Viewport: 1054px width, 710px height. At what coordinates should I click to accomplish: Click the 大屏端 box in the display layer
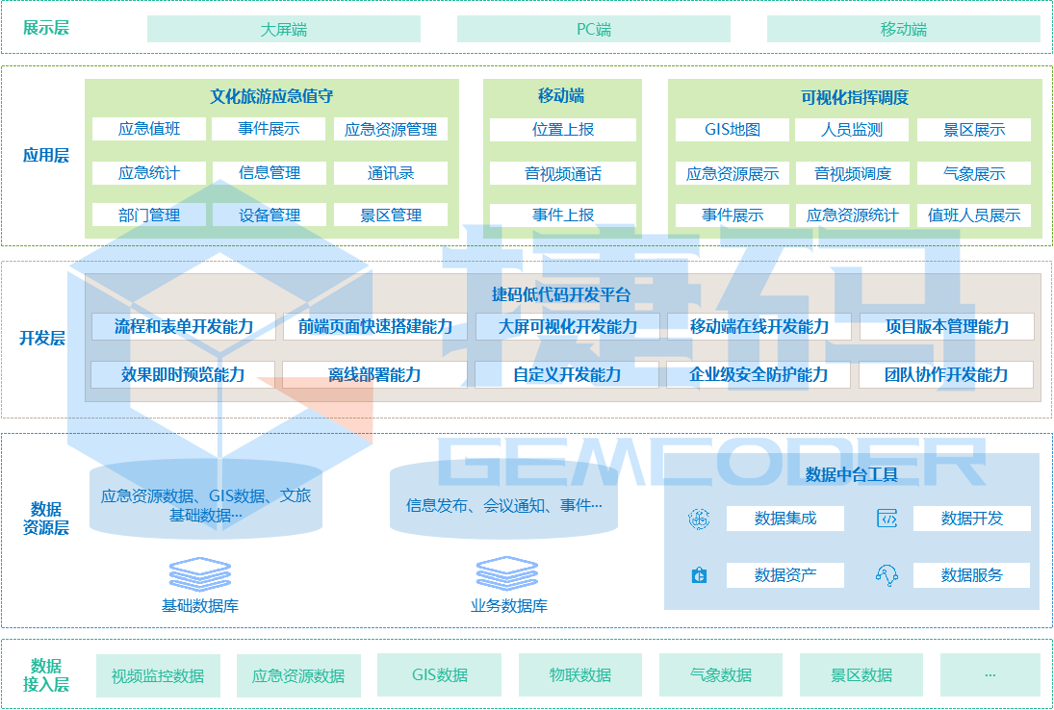click(283, 29)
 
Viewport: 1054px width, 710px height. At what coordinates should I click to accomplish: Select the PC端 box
click(593, 29)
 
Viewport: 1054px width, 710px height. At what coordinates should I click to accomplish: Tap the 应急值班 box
click(149, 129)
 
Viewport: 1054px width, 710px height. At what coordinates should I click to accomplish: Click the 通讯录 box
click(391, 173)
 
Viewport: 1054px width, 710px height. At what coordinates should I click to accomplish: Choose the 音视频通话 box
click(563, 173)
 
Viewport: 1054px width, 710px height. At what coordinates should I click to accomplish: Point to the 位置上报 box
click(563, 129)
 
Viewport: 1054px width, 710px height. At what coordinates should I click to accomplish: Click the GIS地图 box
click(732, 130)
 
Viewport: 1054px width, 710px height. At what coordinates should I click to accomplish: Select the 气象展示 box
click(974, 173)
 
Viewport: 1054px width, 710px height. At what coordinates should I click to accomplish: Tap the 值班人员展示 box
click(974, 216)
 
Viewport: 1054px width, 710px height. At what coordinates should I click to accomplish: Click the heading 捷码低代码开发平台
click(561, 294)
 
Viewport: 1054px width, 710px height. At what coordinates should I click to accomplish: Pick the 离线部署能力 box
click(374, 374)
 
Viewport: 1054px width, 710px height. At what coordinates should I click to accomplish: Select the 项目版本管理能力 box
click(947, 326)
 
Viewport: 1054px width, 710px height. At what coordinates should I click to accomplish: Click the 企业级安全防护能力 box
click(758, 374)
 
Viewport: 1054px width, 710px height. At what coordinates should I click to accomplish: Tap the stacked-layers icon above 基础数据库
click(200, 574)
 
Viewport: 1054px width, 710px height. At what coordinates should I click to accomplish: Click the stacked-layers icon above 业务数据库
click(507, 574)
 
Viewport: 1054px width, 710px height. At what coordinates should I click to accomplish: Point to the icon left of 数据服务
click(887, 575)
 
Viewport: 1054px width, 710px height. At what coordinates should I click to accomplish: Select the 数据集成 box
click(784, 519)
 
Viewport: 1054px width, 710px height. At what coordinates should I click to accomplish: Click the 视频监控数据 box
click(158, 675)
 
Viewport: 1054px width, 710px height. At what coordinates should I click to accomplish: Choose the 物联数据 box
click(579, 675)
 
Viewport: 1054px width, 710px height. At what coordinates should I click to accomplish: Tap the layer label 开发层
click(42, 338)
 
